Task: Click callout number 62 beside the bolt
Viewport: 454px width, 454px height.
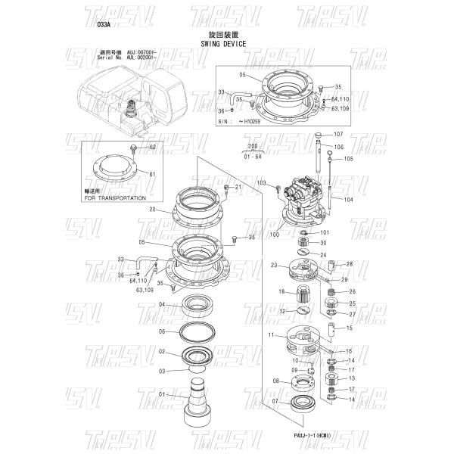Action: (152, 146)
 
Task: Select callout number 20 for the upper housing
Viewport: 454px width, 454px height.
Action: (152, 209)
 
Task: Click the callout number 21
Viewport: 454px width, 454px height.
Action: (238, 187)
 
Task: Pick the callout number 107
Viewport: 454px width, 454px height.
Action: (338, 134)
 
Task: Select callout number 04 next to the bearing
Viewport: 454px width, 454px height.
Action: (162, 304)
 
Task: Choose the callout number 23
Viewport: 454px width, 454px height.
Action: (274, 265)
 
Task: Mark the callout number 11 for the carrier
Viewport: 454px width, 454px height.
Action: (270, 334)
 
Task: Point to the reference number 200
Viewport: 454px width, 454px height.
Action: (252, 149)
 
